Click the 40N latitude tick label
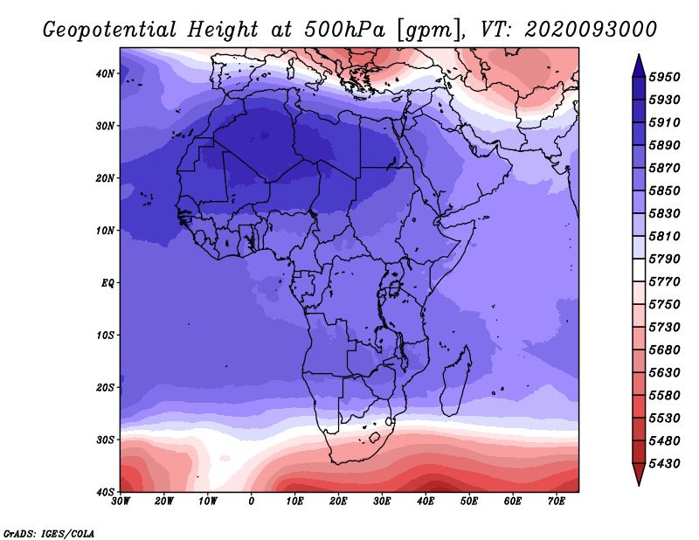(x=105, y=73)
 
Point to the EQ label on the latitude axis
(x=107, y=283)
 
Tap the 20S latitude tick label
(x=105, y=387)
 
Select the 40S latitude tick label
(x=105, y=492)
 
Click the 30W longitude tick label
(x=121, y=502)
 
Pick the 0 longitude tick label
(x=252, y=502)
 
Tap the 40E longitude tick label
(x=426, y=502)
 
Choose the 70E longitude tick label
(x=557, y=502)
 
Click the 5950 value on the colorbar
(x=664, y=77)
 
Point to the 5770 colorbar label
(x=664, y=282)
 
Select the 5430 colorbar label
(x=664, y=464)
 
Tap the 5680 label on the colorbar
(x=664, y=350)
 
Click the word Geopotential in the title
(x=110, y=31)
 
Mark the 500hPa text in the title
(x=344, y=30)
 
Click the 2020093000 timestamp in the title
(x=591, y=30)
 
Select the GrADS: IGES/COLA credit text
(x=49, y=534)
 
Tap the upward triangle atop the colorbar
(x=639, y=66)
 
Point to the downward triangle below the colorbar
(x=639, y=474)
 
